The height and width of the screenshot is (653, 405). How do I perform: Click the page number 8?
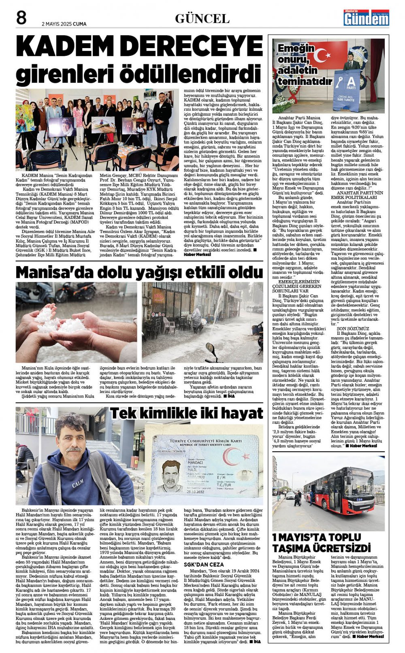tap(21, 18)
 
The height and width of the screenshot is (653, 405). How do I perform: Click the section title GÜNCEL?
tap(202, 19)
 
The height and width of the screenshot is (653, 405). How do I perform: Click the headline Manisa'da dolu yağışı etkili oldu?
tap(139, 272)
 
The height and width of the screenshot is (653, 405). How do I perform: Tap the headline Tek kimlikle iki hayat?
tap(187, 413)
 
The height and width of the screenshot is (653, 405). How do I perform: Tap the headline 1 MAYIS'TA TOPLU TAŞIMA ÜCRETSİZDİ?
tap(322, 543)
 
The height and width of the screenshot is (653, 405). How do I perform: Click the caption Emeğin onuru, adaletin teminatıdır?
tap(302, 64)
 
